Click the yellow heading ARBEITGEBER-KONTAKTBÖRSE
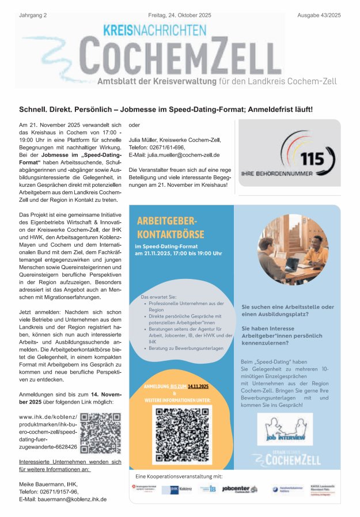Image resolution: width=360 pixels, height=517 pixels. pos(167,227)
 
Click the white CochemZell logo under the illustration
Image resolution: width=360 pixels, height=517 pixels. pos(286,459)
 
